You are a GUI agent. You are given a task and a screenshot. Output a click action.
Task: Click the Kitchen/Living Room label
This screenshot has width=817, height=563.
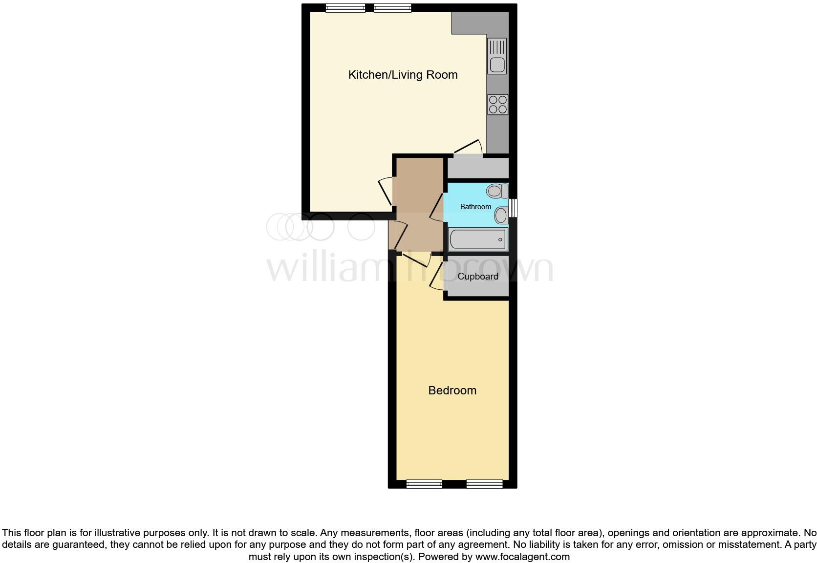403,75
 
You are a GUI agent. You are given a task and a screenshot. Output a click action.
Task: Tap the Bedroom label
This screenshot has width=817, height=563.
452,390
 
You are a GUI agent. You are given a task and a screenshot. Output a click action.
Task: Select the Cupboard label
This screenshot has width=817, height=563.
478,277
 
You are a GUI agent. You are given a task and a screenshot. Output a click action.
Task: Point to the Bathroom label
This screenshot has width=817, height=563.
475,207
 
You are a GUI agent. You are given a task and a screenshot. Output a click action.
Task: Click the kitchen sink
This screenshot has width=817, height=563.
497,57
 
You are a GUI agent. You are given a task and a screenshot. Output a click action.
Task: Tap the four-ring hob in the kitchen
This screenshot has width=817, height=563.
497,105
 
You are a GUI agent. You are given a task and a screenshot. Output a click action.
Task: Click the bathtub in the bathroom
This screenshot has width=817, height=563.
477,239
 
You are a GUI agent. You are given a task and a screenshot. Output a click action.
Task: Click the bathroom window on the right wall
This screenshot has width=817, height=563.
513,207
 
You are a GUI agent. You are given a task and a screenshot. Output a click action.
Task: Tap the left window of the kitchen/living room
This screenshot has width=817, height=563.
345,8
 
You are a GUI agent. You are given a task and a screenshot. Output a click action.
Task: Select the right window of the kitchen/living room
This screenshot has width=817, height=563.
392,8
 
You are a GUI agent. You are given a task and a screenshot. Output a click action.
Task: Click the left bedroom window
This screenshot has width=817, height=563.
424,484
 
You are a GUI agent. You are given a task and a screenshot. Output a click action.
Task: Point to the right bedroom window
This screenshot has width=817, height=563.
484,484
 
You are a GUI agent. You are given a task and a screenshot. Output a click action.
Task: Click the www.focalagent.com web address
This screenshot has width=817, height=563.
522,557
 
